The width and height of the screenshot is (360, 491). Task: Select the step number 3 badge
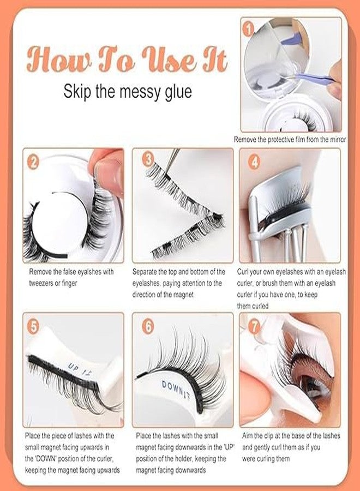(x=148, y=159)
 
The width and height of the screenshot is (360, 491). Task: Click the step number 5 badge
(x=34, y=326)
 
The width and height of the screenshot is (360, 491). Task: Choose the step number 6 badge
(x=148, y=326)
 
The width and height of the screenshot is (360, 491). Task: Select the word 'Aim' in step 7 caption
(x=245, y=435)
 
